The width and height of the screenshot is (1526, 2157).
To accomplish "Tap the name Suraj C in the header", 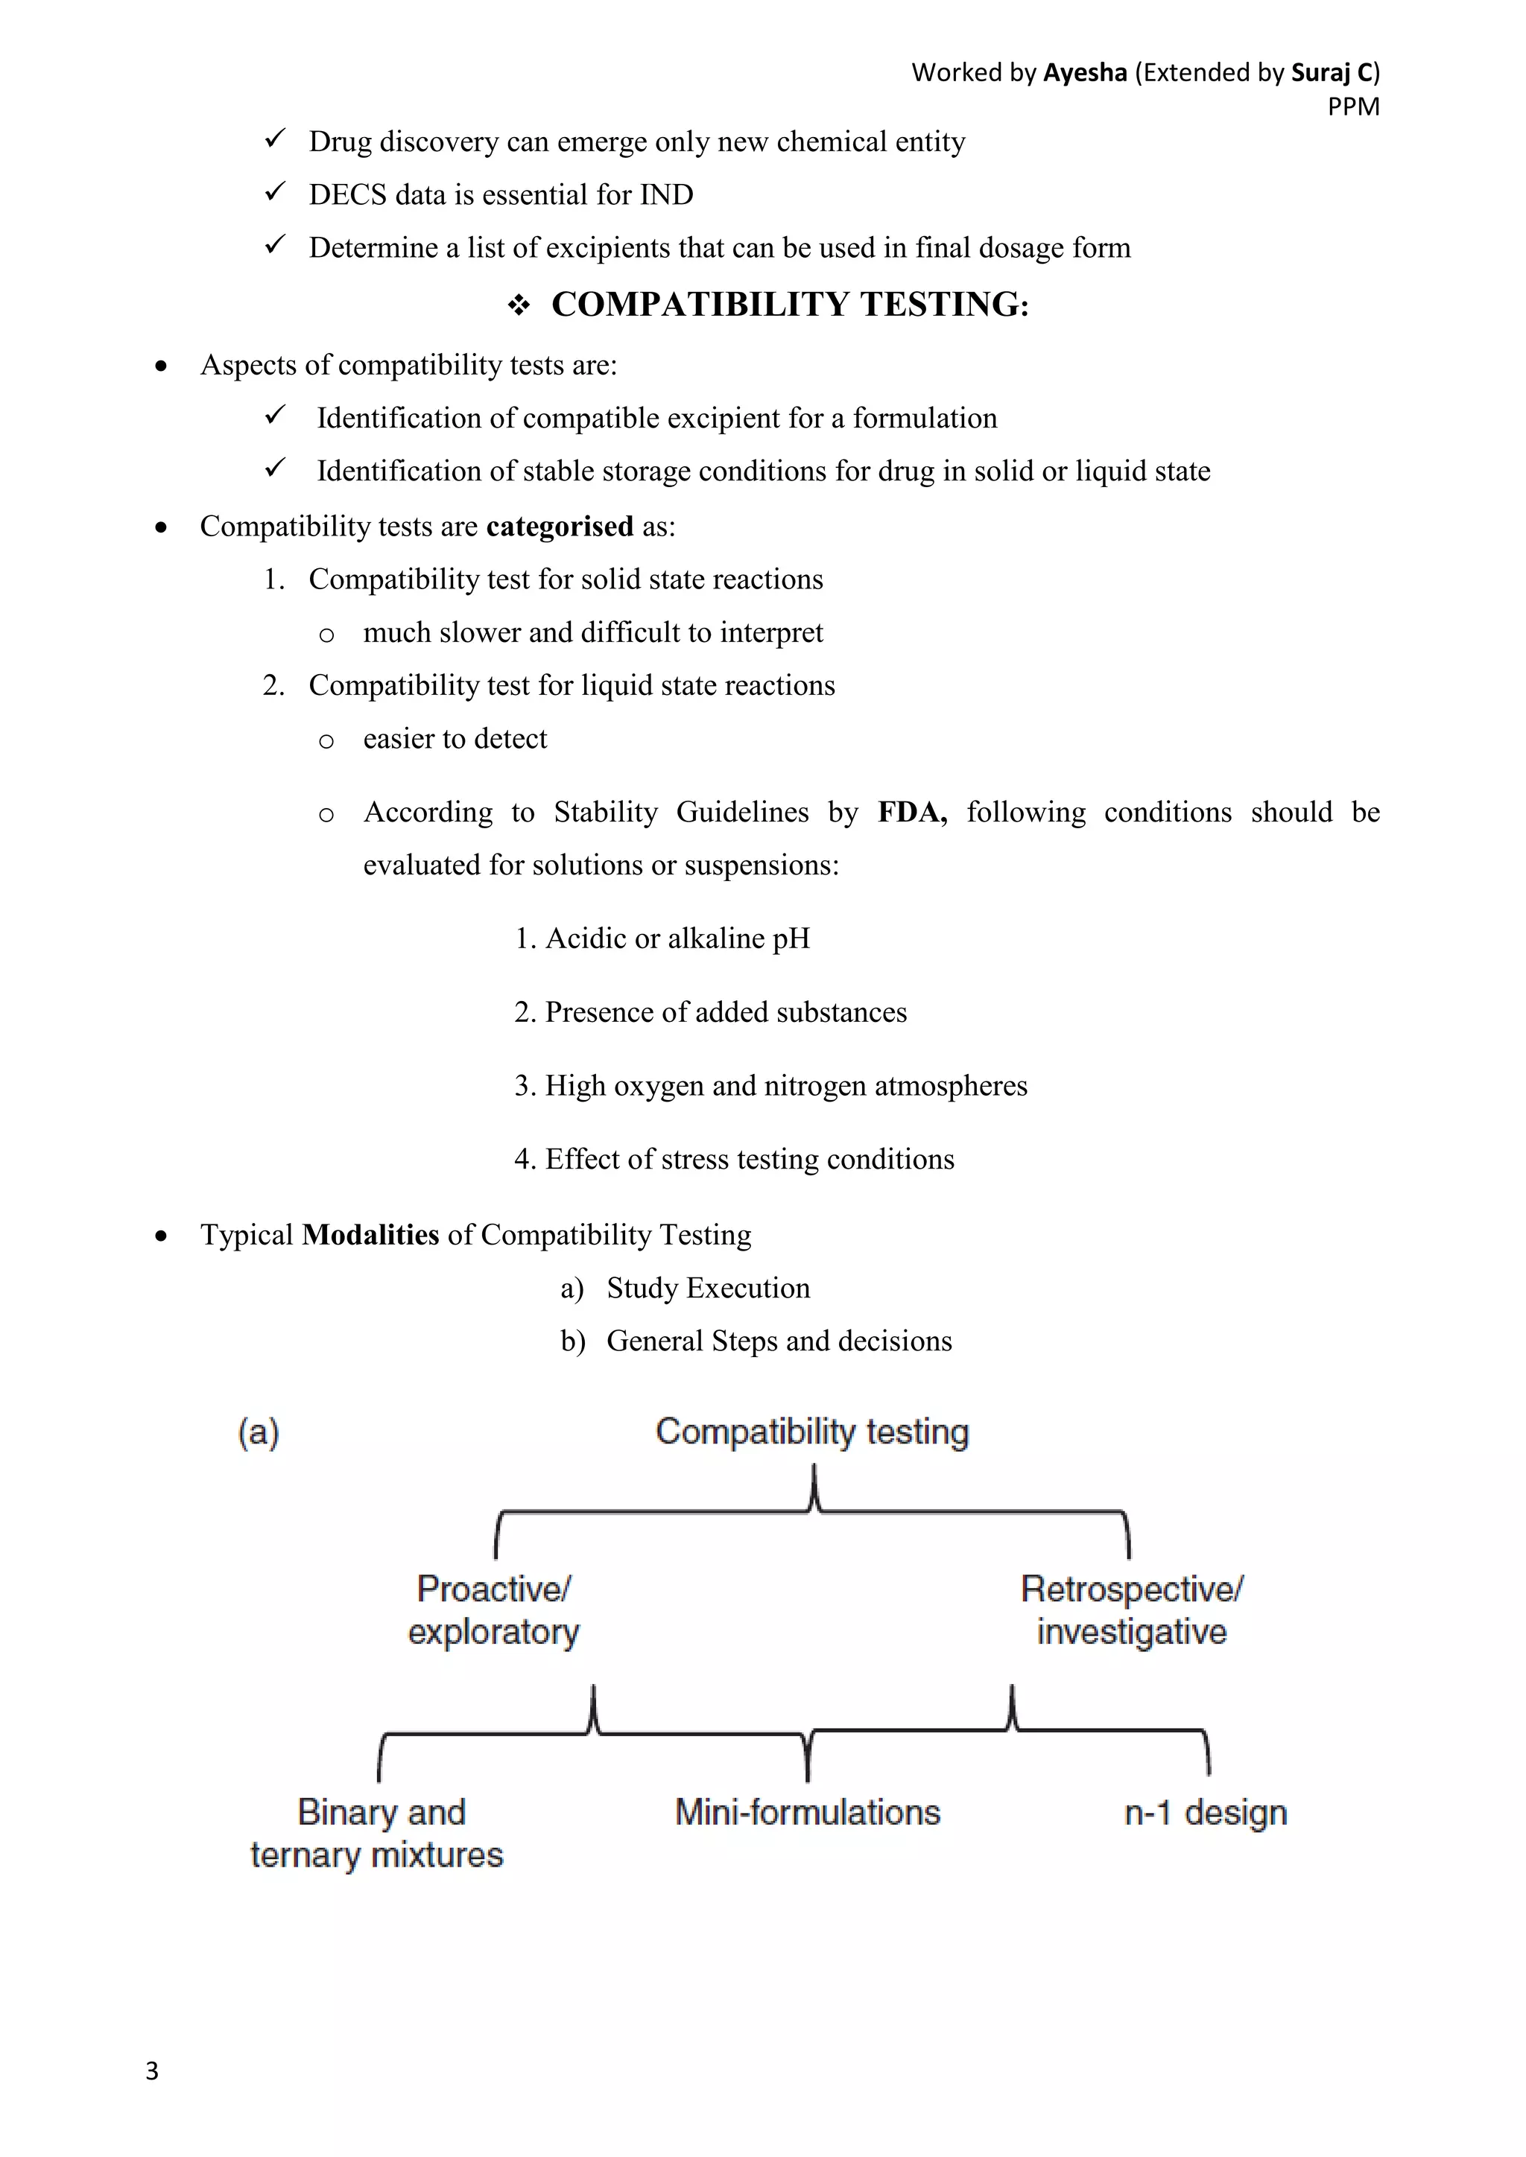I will (x=1332, y=72).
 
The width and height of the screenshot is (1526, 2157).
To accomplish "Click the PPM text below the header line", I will (x=1353, y=107).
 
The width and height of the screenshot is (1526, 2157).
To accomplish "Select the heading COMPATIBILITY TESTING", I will (x=789, y=305).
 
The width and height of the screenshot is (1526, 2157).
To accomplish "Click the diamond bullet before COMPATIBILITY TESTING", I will (x=519, y=305).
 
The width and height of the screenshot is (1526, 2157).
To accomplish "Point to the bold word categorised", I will (x=559, y=526).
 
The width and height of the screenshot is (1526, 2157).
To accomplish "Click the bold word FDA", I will (x=911, y=812).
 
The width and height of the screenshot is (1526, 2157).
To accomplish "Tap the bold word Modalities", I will (x=370, y=1234).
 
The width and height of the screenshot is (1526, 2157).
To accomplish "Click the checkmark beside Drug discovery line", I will (x=274, y=139).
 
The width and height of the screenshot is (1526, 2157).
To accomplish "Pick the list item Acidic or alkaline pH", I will (x=662, y=938).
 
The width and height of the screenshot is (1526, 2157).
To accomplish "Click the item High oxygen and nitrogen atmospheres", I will (x=770, y=1086).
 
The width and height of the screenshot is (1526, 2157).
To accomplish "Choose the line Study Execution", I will (x=708, y=1288).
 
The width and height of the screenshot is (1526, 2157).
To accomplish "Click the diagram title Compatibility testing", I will (x=812, y=1432).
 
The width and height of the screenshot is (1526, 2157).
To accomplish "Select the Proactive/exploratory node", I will (x=493, y=1610).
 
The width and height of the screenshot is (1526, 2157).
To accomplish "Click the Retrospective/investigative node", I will (x=1131, y=1610).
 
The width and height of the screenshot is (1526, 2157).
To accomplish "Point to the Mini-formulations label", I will (x=807, y=1812).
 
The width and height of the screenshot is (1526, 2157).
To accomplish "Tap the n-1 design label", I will (x=1205, y=1812).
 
